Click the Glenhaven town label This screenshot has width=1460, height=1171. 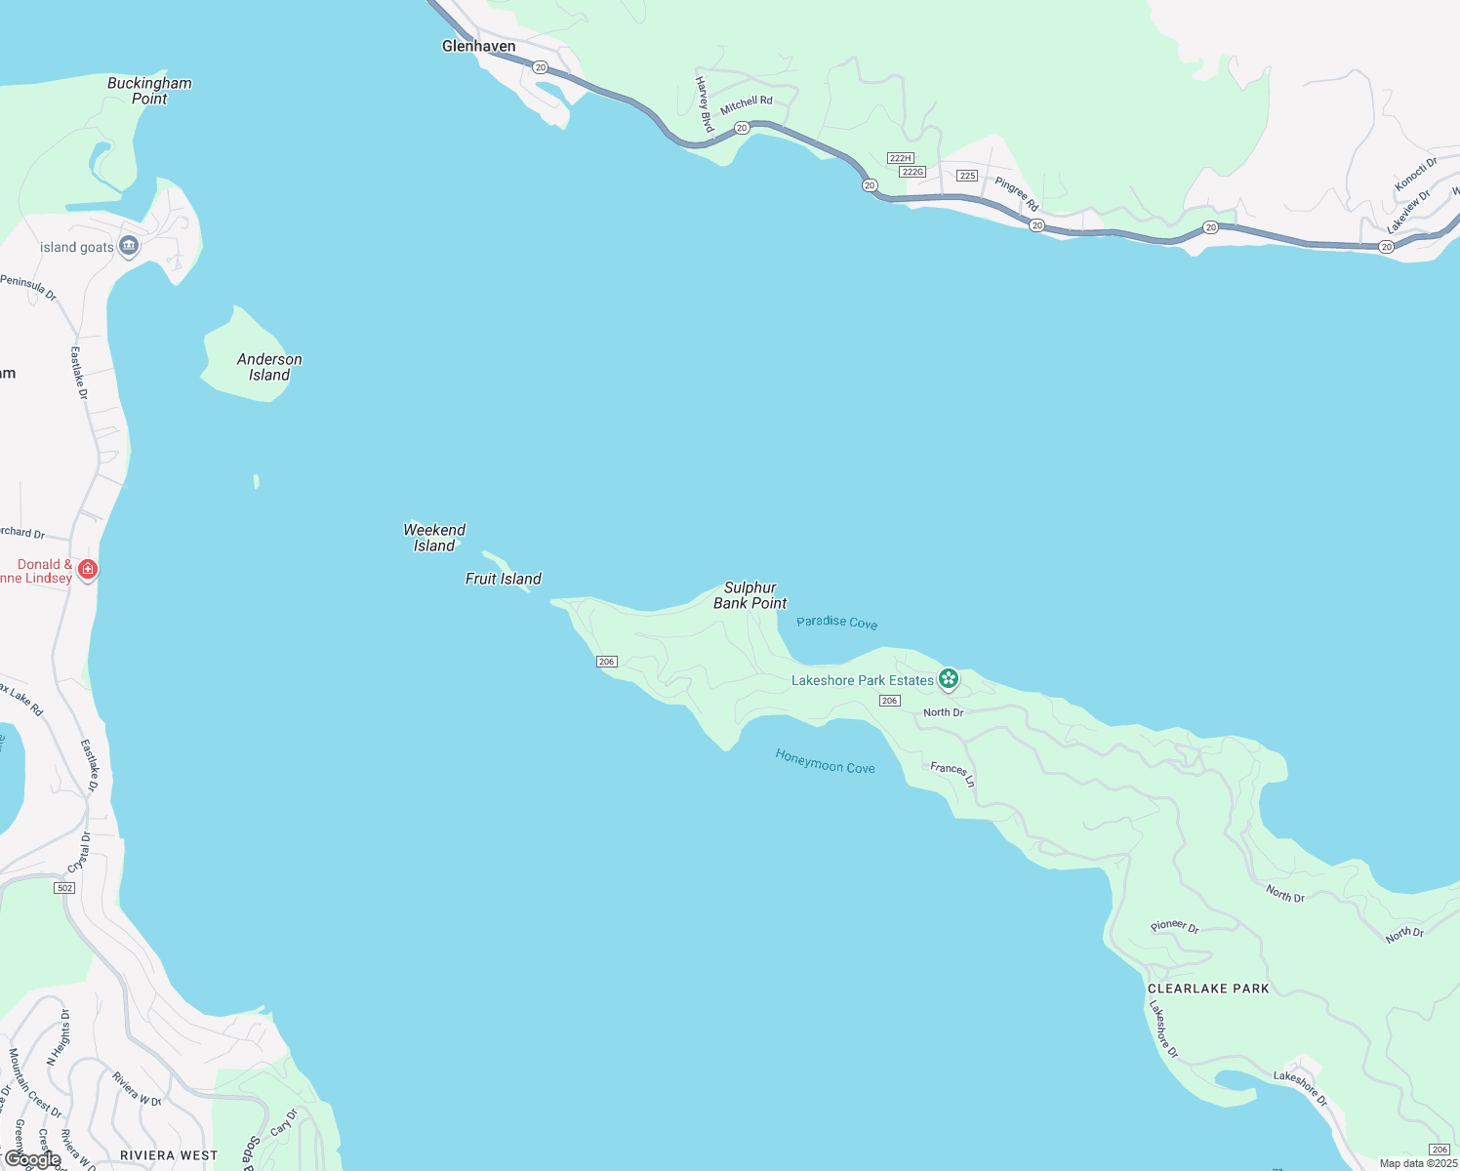pyautogui.click(x=478, y=46)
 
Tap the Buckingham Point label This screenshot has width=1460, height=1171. pyautogui.click(x=149, y=91)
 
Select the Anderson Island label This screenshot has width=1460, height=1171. pyautogui.click(x=269, y=367)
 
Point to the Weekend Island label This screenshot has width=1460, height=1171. pyautogui.click(x=434, y=538)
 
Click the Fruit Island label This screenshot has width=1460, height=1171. pyautogui.click(x=503, y=579)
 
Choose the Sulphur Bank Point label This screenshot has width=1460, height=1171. pyautogui.click(x=750, y=595)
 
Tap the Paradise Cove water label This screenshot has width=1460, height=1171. pyautogui.click(x=836, y=623)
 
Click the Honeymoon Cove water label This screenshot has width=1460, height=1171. pyautogui.click(x=825, y=761)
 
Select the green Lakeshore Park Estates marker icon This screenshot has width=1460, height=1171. pyautogui.click(x=948, y=678)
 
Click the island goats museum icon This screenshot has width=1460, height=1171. pyautogui.click(x=128, y=246)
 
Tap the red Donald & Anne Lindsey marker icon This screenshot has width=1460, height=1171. pyautogui.click(x=88, y=569)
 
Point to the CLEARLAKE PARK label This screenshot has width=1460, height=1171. pyautogui.click(x=1208, y=989)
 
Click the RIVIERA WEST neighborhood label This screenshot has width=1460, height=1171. pyautogui.click(x=169, y=1155)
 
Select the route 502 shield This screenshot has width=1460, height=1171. pyautogui.click(x=64, y=888)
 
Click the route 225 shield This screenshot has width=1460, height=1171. pyautogui.click(x=967, y=176)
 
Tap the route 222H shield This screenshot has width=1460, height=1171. pyautogui.click(x=900, y=158)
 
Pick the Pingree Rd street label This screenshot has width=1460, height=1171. pyautogui.click(x=1017, y=194)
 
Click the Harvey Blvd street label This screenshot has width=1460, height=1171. pyautogui.click(x=704, y=104)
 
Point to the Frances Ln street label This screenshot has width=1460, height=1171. pyautogui.click(x=953, y=774)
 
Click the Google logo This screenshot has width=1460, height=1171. pyautogui.click(x=33, y=1159)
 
